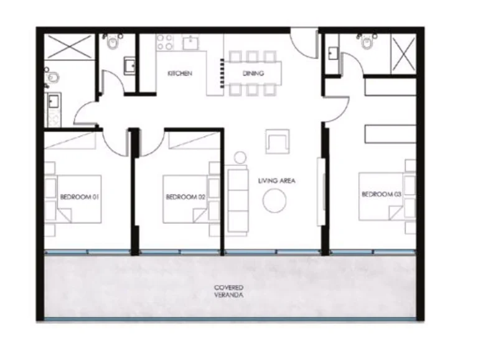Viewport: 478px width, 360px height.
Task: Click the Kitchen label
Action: click(x=180, y=73)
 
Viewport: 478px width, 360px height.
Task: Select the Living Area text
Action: click(x=276, y=181)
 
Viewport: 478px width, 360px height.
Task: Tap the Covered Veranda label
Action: click(x=228, y=291)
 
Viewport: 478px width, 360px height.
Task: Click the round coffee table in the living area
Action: click(x=274, y=200)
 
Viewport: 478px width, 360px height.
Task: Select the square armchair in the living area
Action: click(x=277, y=141)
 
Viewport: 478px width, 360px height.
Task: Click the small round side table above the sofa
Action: click(x=240, y=157)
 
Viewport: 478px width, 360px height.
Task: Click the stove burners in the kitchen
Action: click(x=164, y=42)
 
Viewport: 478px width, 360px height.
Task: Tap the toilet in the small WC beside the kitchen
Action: click(x=113, y=42)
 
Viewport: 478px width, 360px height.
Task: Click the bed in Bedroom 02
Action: click(x=185, y=198)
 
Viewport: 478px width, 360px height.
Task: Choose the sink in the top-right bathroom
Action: click(x=333, y=53)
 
